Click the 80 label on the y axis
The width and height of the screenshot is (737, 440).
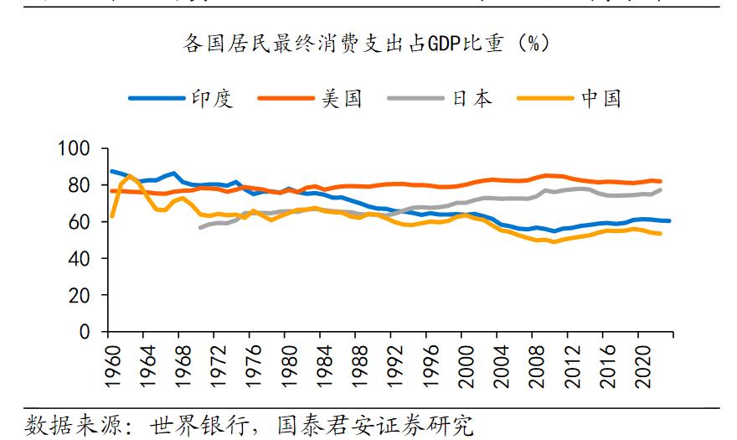[x=79, y=185]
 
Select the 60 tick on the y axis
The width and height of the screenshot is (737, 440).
[x=79, y=222]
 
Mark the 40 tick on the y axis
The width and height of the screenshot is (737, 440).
[x=79, y=259]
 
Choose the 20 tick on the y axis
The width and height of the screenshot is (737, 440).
[x=79, y=296]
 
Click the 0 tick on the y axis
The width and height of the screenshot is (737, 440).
[x=84, y=332]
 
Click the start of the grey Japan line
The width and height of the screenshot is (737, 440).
[x=200, y=227]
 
